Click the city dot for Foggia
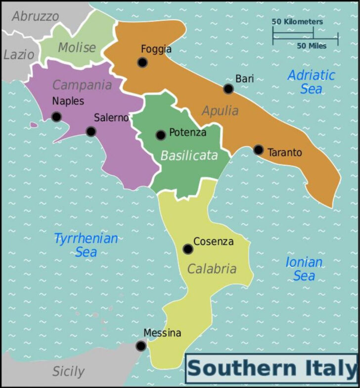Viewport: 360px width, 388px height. (142, 62)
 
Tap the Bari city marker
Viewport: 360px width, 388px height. (228, 89)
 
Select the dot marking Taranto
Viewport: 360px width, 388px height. (259, 149)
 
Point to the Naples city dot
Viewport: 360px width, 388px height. (56, 117)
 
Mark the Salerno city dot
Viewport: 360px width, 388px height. (91, 132)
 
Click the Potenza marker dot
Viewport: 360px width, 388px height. (161, 135)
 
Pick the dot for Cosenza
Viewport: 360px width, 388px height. (188, 249)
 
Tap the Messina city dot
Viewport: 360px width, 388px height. (141, 346)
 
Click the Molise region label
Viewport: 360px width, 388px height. (77, 48)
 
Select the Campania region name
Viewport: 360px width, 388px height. (82, 85)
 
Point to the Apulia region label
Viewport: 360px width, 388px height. (220, 111)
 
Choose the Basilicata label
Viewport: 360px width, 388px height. (189, 155)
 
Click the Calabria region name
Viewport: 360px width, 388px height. (212, 269)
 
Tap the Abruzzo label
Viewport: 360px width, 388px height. (35, 16)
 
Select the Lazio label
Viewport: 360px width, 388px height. (19, 54)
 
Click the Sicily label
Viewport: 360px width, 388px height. (68, 371)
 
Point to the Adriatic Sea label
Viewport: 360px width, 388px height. (312, 82)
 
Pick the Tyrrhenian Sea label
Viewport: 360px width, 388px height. (86, 245)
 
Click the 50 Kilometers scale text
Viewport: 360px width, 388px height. (297, 22)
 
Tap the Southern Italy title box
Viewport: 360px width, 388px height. (271, 369)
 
